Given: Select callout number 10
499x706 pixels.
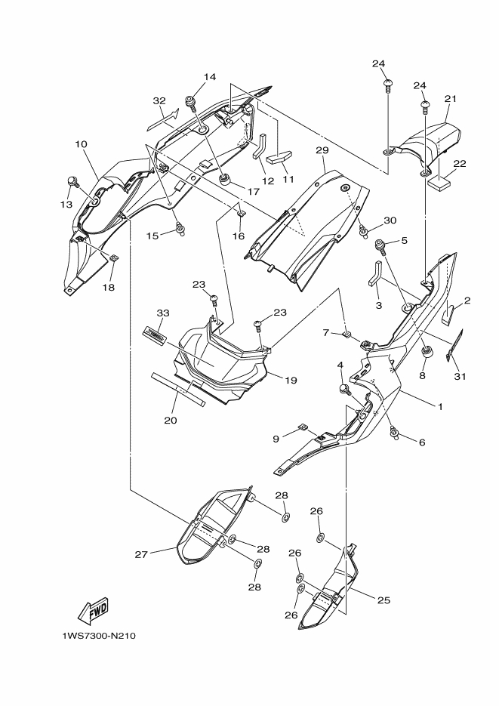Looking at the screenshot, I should point(81,143).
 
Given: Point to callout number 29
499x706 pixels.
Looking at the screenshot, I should point(322,150).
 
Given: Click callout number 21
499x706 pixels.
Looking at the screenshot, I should point(451,99).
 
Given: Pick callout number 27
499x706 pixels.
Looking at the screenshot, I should point(141,553).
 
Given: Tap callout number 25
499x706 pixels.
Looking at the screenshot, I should point(383,600).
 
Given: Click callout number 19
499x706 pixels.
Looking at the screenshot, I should point(289,380).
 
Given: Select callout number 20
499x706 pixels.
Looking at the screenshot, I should point(171,420).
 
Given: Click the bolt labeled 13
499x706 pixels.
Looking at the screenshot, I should point(74,180).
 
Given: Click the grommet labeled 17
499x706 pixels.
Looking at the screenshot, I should point(224,179).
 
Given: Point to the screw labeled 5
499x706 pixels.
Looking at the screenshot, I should point(381,245).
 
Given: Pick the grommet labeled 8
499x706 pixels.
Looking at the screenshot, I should point(427,352).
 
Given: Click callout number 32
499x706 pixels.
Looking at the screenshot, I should point(159,100).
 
